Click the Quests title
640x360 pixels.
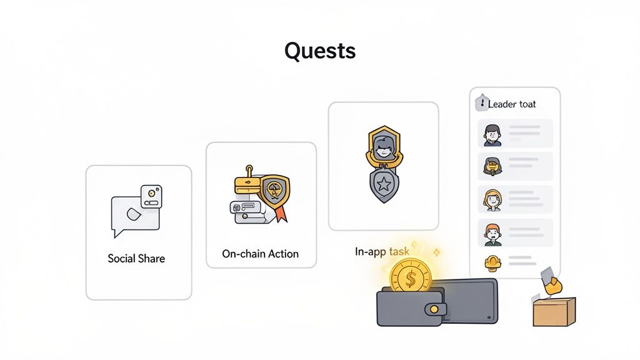[x=320, y=51]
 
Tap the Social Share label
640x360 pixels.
[x=136, y=258]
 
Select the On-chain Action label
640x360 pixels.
[x=260, y=254]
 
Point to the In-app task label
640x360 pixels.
[x=382, y=251]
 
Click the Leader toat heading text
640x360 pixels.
[x=512, y=104]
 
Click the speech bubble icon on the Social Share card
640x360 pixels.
[x=132, y=216]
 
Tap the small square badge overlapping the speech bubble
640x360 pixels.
[x=152, y=196]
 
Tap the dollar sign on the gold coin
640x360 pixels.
[x=410, y=277]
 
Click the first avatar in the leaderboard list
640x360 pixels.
[x=492, y=133]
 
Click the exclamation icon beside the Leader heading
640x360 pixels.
[x=482, y=103]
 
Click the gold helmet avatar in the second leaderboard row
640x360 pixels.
[x=492, y=166]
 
